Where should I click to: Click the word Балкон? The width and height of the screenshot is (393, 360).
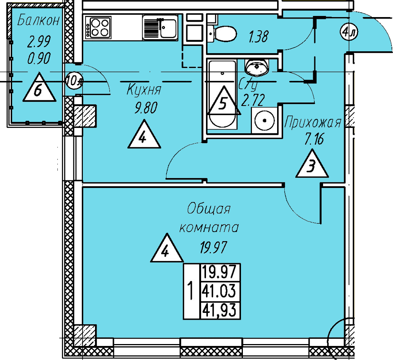tap(38, 20)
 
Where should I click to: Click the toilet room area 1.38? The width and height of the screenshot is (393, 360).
tap(258, 37)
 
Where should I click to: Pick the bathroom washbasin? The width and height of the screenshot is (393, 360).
tap(257, 68)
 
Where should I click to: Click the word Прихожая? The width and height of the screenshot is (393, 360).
tap(313, 123)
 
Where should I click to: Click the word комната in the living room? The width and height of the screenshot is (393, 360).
tap(209, 227)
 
